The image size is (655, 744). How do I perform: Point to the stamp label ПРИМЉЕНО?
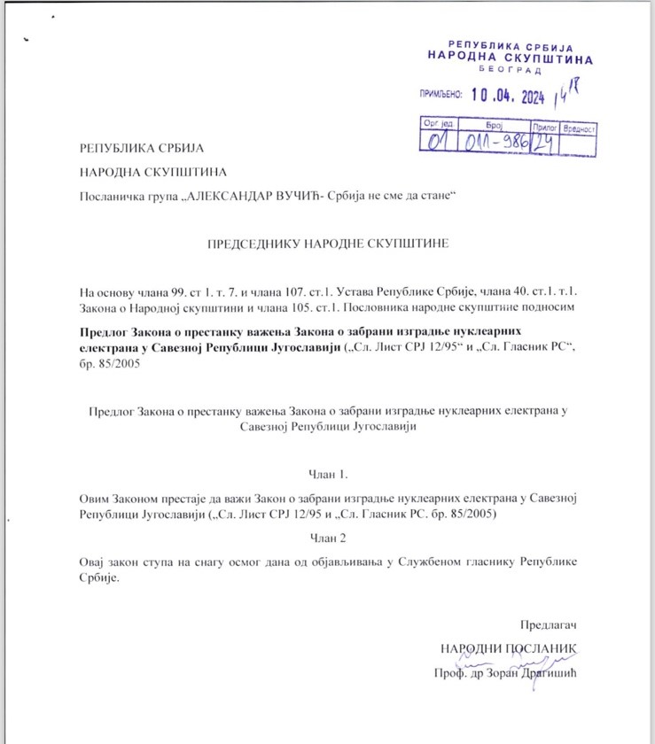click(441, 93)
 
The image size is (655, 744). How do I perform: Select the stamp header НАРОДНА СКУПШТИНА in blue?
click(511, 55)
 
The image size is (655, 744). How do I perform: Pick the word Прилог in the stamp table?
click(543, 128)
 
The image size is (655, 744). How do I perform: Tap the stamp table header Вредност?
click(578, 128)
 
